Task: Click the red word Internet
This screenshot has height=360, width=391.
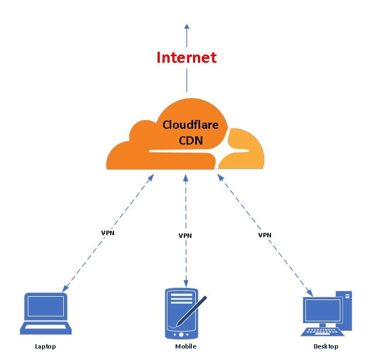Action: tap(187, 57)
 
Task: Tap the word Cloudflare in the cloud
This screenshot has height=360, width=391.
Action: tap(191, 125)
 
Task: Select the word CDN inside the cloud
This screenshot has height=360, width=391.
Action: tap(191, 140)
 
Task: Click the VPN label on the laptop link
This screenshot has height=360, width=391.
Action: tap(108, 232)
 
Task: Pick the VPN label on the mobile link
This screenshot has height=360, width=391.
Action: tap(185, 236)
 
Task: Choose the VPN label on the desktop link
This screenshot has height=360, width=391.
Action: tap(264, 235)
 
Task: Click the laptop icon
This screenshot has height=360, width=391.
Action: tap(46, 314)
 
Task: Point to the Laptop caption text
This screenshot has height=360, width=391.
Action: tap(45, 346)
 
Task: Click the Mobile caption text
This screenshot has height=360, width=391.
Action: tap(185, 346)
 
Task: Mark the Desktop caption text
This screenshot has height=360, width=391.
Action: tap(326, 346)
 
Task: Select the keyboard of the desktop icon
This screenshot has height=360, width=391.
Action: tap(323, 331)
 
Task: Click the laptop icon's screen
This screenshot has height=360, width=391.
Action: tap(46, 307)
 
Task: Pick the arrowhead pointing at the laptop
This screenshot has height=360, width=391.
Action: tap(65, 289)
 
